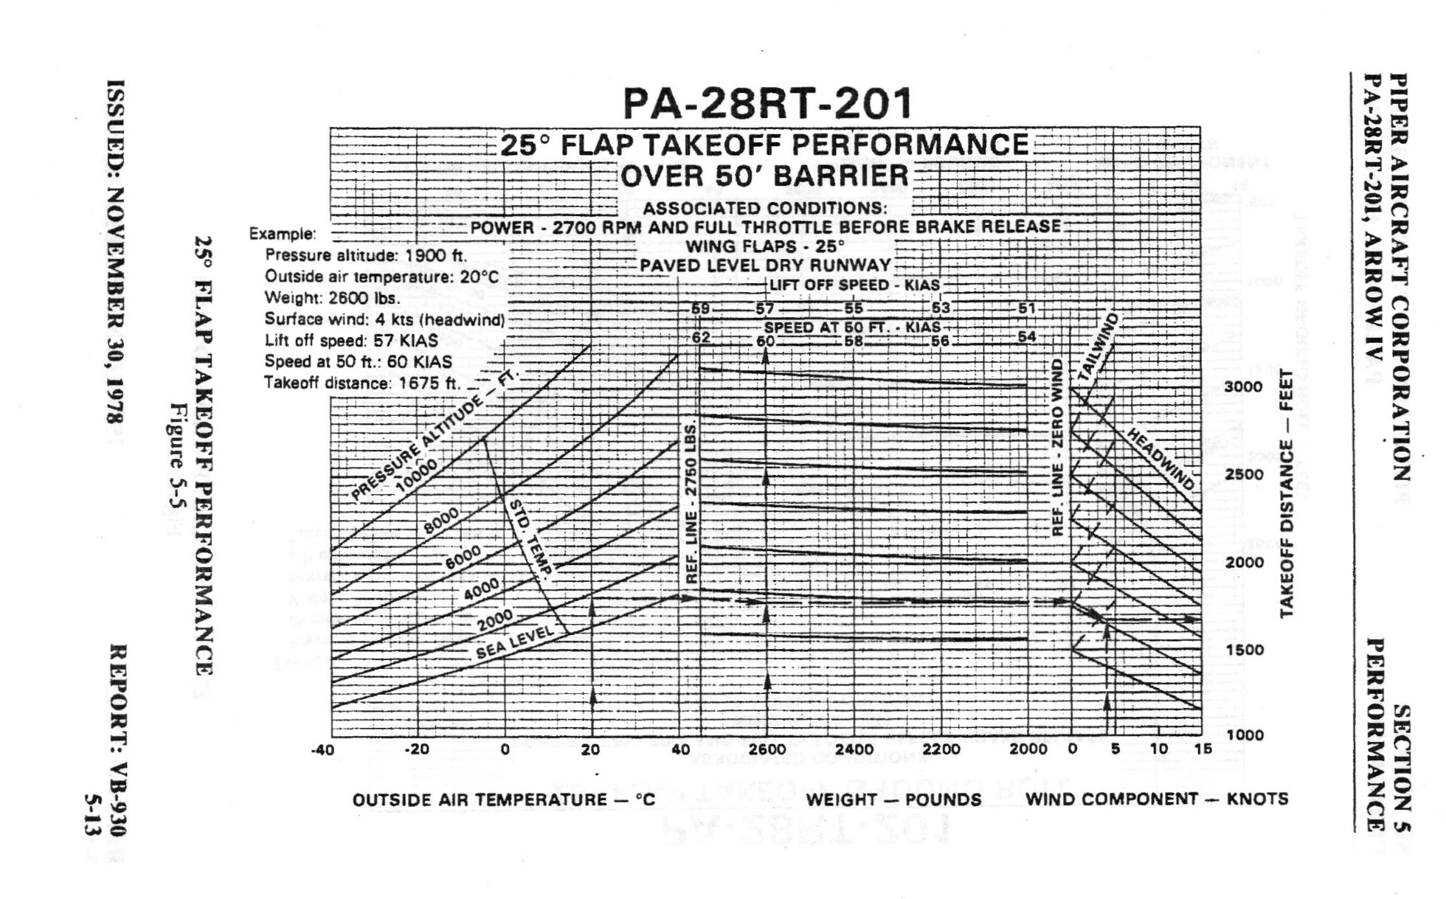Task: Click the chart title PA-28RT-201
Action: pyautogui.click(x=767, y=103)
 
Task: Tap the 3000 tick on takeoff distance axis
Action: pyautogui.click(x=1243, y=387)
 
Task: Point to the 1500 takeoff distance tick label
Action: pyautogui.click(x=1243, y=650)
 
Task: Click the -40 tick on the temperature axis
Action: pyautogui.click(x=322, y=750)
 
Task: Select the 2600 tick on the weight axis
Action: pyautogui.click(x=767, y=749)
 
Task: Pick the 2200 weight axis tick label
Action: pyautogui.click(x=941, y=749)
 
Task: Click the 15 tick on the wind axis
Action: pyautogui.click(x=1203, y=749)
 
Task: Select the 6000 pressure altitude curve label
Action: pyautogui.click(x=463, y=557)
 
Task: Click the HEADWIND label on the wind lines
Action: pyautogui.click(x=1160, y=459)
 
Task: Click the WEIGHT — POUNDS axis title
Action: pyautogui.click(x=893, y=799)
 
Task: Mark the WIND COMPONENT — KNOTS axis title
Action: pyautogui.click(x=1157, y=799)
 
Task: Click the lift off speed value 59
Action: pyautogui.click(x=700, y=308)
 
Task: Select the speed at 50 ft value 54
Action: pyautogui.click(x=1026, y=337)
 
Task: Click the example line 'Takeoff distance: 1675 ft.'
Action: pyautogui.click(x=361, y=383)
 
